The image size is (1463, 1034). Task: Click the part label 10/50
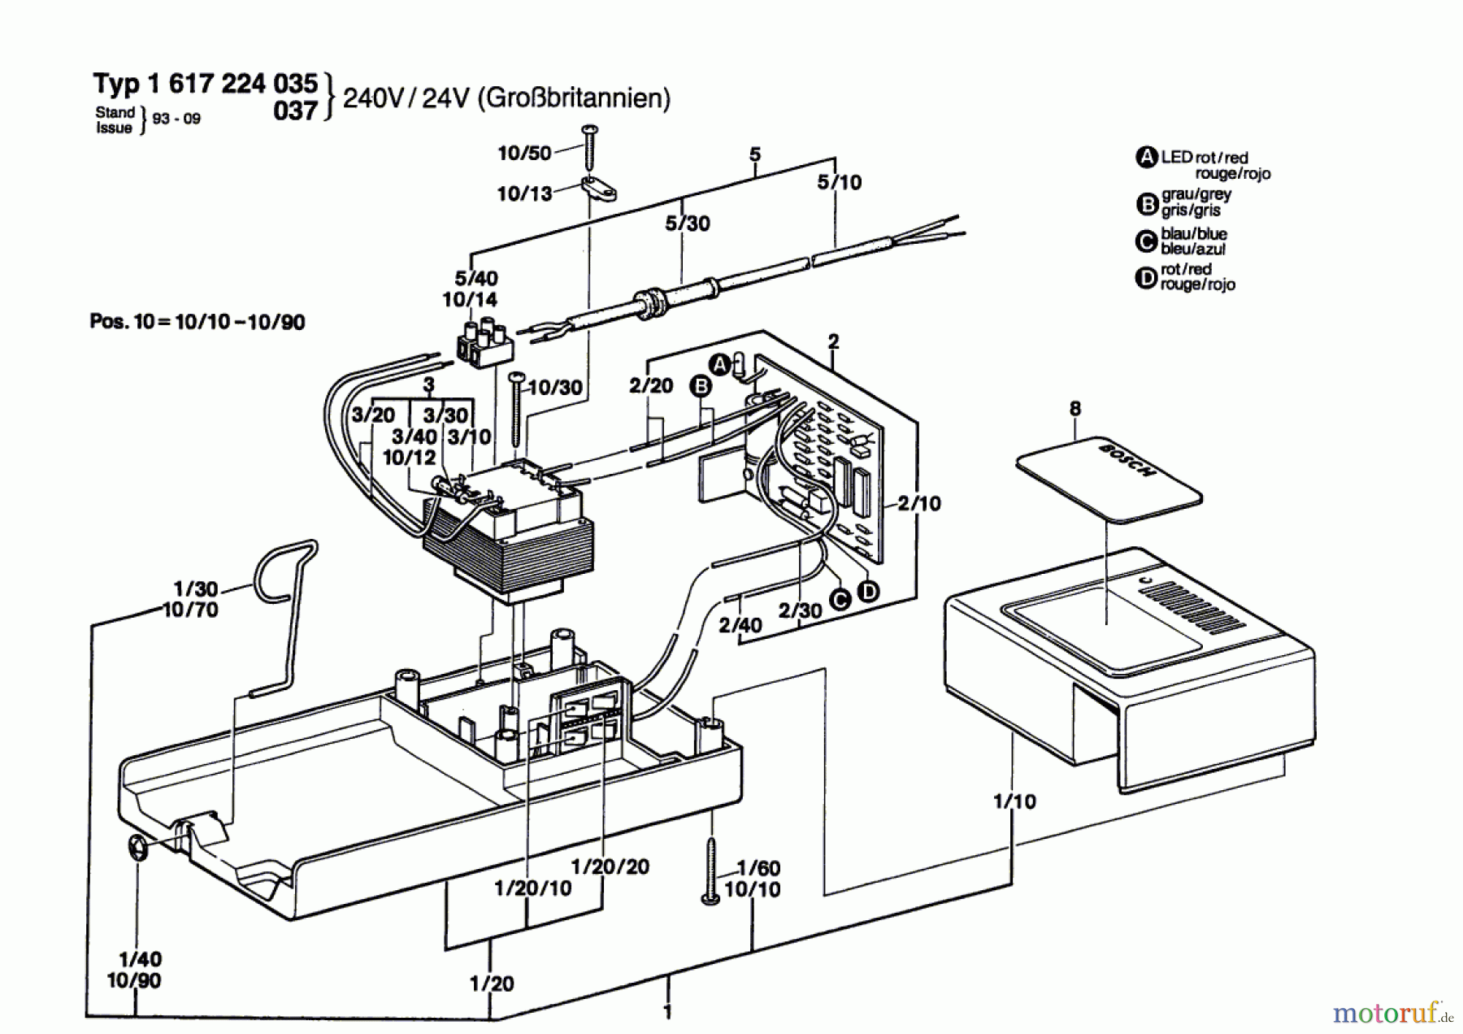[524, 153]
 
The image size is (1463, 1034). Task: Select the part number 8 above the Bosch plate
[1075, 408]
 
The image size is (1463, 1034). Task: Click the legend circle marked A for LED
[1146, 158]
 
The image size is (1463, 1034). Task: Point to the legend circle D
[1146, 278]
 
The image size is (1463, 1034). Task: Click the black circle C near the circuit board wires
[840, 600]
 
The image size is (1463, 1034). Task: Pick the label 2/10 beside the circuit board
[919, 503]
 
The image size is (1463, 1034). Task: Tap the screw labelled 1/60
[710, 870]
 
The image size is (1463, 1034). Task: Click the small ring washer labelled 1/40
[136, 849]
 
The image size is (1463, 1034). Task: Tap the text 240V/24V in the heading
[406, 98]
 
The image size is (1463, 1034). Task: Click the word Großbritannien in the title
[574, 98]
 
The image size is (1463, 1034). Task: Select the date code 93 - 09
[176, 119]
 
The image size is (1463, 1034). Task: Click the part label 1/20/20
[610, 867]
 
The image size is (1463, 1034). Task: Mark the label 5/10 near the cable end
[840, 182]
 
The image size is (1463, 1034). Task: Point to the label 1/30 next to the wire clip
[196, 589]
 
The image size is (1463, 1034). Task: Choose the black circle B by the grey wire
[700, 386]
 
